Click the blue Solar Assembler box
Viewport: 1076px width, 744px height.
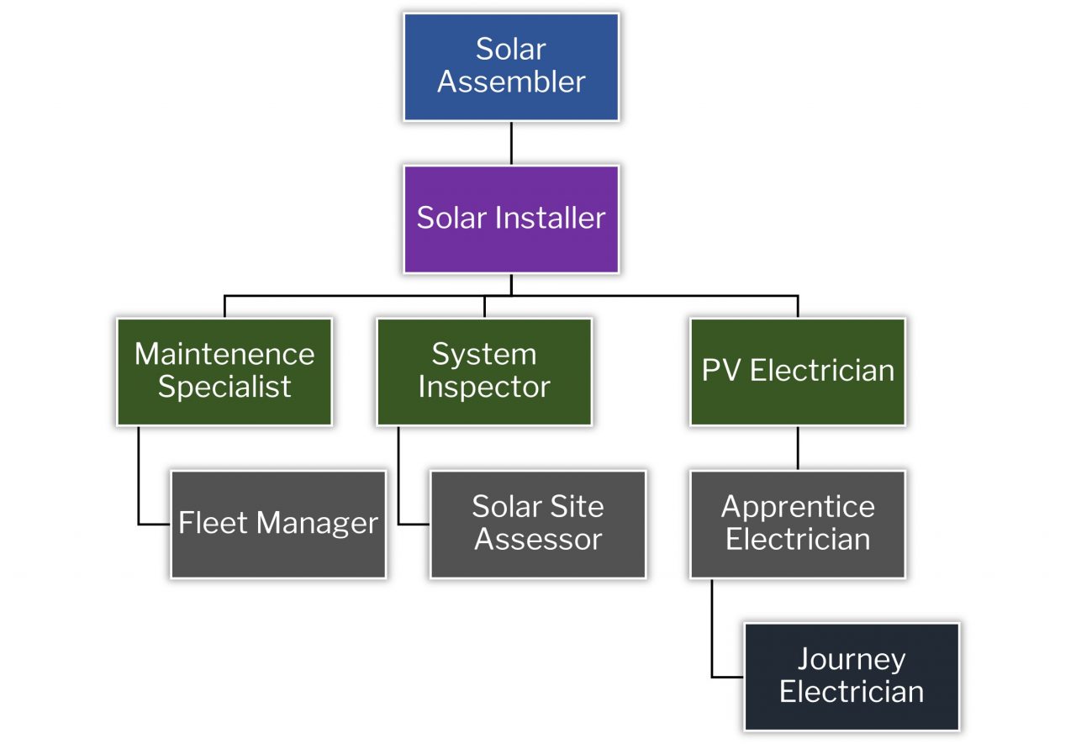pyautogui.click(x=511, y=66)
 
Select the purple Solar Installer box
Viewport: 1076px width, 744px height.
pyautogui.click(x=511, y=219)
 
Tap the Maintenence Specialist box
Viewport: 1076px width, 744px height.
pyautogui.click(x=224, y=371)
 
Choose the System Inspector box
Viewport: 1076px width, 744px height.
pyautogui.click(x=484, y=371)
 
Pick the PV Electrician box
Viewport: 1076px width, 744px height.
pyautogui.click(x=798, y=371)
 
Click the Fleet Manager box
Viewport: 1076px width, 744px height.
pyautogui.click(x=278, y=524)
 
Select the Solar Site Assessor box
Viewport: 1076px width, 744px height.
pyautogui.click(x=538, y=524)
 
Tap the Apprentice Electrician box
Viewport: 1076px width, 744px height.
pyautogui.click(x=798, y=524)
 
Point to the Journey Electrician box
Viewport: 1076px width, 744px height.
pyautogui.click(x=852, y=677)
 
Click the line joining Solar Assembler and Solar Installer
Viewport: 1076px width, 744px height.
pyautogui.click(x=511, y=143)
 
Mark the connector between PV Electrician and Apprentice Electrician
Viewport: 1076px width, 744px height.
pyautogui.click(x=798, y=447)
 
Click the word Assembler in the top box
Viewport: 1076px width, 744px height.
pyautogui.click(x=511, y=82)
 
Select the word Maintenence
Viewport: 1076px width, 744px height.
pyautogui.click(x=224, y=354)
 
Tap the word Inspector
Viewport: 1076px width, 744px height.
pyautogui.click(x=484, y=388)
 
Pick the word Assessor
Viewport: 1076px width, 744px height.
pyautogui.click(x=538, y=540)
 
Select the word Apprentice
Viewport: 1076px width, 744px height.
pyautogui.click(x=798, y=508)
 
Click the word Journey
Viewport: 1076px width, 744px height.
pyautogui.click(x=852, y=660)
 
